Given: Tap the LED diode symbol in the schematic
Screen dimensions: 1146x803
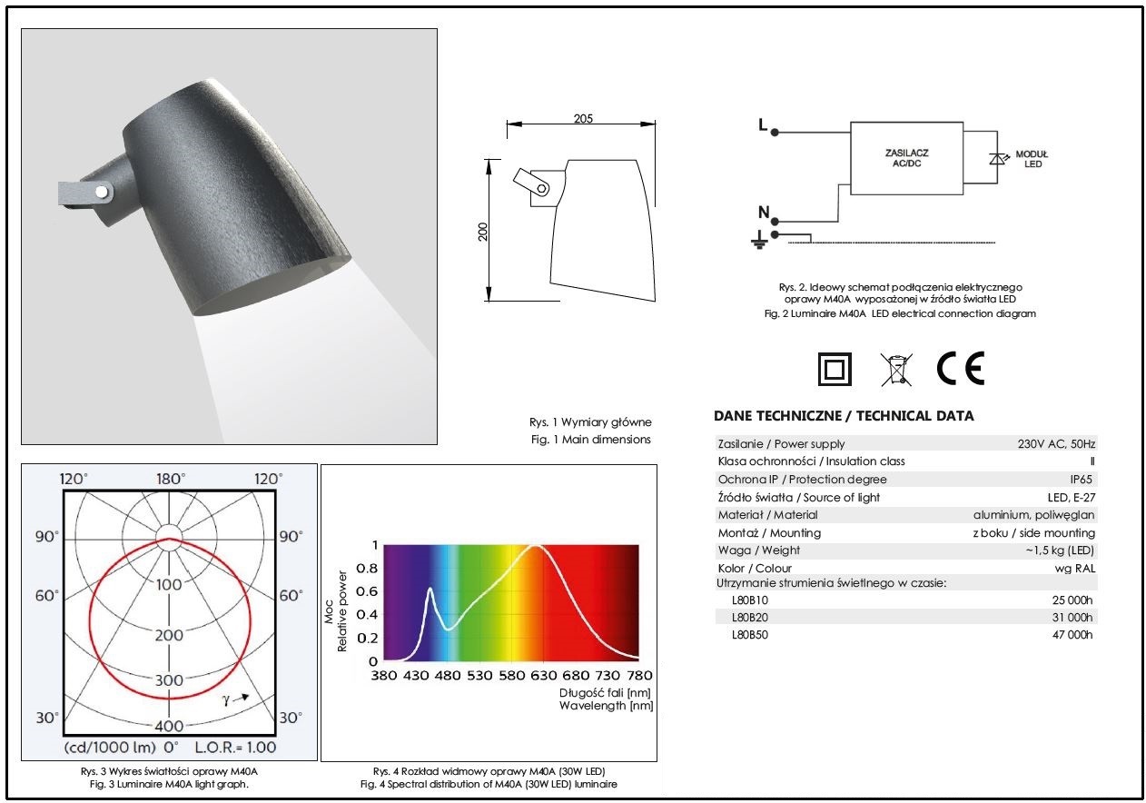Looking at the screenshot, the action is click(996, 159).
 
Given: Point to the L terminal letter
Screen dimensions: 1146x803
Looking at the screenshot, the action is click(763, 124).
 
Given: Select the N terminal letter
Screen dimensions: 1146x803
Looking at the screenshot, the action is click(764, 212).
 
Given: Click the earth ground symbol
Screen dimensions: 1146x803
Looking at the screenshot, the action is click(759, 240).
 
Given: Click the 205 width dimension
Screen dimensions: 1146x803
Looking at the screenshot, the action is click(583, 119).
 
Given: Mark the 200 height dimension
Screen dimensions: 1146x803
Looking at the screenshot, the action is click(482, 232).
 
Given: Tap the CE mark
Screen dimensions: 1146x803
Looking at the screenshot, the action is click(960, 369).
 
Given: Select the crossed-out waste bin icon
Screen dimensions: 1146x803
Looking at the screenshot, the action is click(896, 369).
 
